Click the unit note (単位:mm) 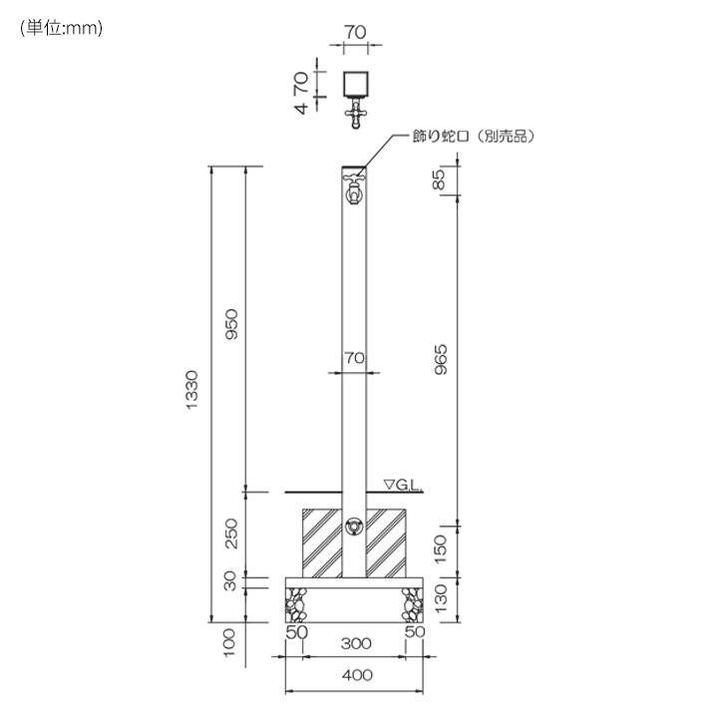tap(62, 28)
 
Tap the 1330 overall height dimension tap(192, 390)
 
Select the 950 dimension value tap(232, 324)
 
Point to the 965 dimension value tap(441, 360)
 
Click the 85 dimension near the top tap(439, 179)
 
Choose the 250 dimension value tap(232, 534)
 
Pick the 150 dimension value tap(440, 549)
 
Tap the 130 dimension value tap(440, 598)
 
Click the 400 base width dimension tap(357, 675)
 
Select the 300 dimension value tap(356, 644)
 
